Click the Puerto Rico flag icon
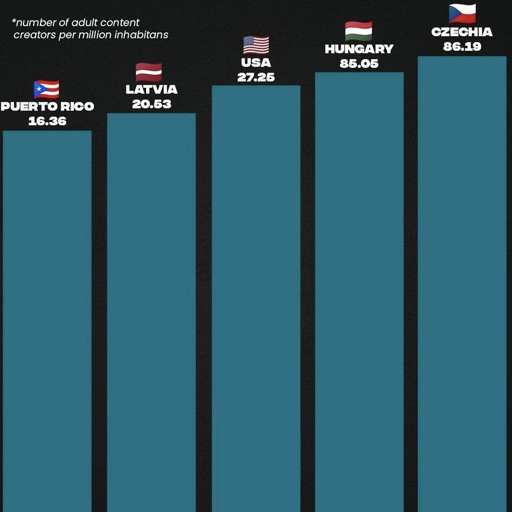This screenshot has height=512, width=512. [x=46, y=90]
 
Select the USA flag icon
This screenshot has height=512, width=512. [x=256, y=45]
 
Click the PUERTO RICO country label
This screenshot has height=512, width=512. [x=47, y=106]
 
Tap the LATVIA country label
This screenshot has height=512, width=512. [x=151, y=90]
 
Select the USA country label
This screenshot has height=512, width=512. [x=256, y=62]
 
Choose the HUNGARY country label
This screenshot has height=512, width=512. [x=359, y=49]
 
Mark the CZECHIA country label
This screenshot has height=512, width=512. [x=462, y=32]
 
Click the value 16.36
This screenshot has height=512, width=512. [x=47, y=121]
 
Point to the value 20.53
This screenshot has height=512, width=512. [x=151, y=104]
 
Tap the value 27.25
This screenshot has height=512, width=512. [x=256, y=77]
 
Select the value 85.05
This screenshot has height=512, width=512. [x=359, y=64]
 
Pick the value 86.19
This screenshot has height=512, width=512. [x=462, y=46]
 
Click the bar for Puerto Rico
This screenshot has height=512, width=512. [x=47, y=318]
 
